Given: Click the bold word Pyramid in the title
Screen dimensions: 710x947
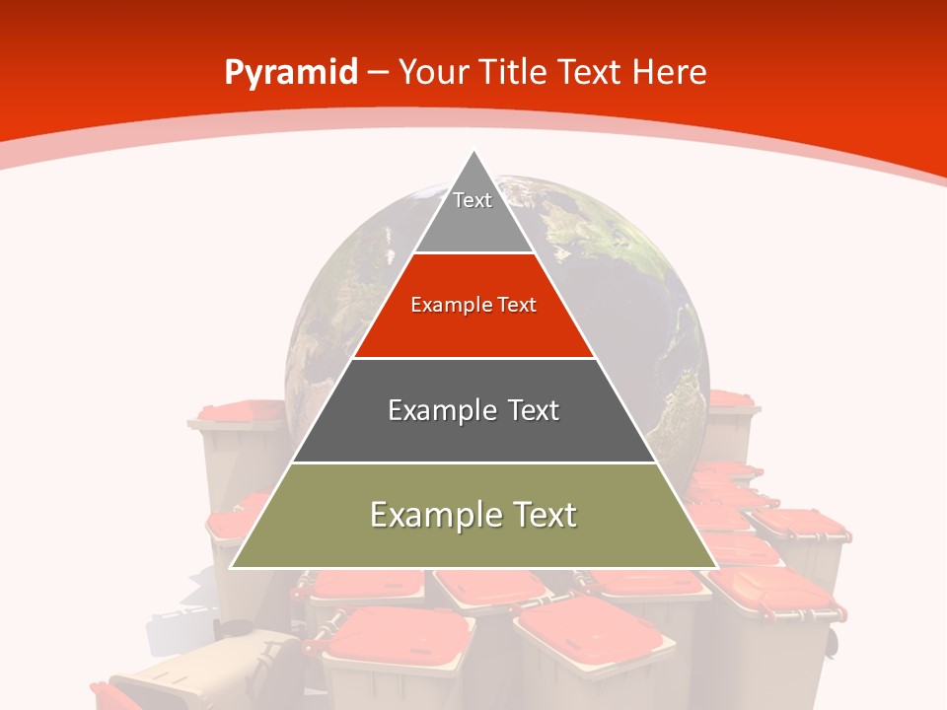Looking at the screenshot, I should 290,73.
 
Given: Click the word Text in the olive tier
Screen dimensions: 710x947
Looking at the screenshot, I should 541,515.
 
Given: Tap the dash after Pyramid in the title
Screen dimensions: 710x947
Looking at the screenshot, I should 379,73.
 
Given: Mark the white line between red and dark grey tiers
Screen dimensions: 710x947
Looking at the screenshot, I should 473,358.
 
